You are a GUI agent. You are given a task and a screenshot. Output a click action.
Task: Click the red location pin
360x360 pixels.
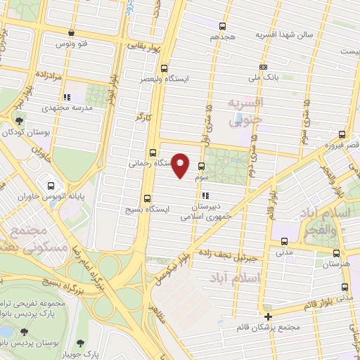[181, 166]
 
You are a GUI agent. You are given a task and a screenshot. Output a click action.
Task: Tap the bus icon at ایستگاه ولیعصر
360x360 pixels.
[164, 69]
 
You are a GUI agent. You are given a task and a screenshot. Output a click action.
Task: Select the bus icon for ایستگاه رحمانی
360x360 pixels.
[153, 153]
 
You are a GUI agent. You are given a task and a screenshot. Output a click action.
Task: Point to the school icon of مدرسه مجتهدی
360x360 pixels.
[65, 98]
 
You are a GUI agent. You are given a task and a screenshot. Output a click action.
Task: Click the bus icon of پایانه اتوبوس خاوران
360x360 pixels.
[51, 186]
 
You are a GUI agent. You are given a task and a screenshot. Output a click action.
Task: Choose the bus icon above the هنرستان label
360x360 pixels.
[336, 253]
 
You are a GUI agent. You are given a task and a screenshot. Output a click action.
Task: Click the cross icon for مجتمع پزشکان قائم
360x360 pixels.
[268, 316]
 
